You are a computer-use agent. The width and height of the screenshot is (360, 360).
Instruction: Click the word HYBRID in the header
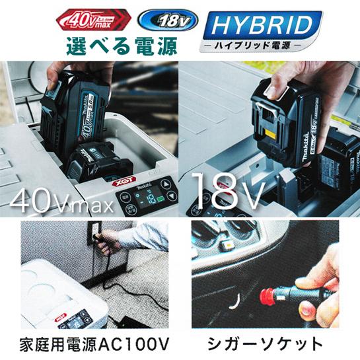(260, 26)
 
